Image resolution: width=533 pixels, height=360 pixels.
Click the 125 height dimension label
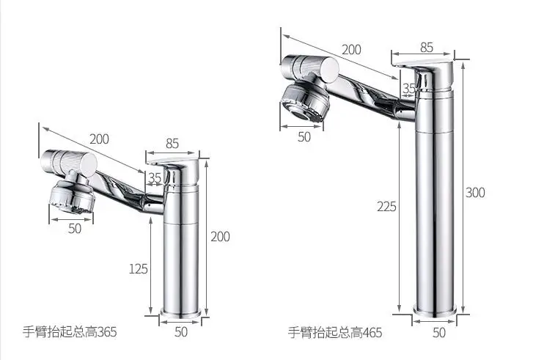tap(139, 269)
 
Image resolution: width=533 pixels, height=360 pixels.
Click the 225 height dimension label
tap(386, 206)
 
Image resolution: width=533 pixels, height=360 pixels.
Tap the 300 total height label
tap(475, 193)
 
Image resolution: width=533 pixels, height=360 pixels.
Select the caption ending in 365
tap(70, 331)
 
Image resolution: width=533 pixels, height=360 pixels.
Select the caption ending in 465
tap(335, 332)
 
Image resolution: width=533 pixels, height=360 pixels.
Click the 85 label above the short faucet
tap(172, 144)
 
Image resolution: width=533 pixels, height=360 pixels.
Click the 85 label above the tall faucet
tap(427, 47)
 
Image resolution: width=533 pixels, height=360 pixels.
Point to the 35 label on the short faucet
tap(155, 177)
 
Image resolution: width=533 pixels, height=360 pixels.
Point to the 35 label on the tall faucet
tap(408, 89)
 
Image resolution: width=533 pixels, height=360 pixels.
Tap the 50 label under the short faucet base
tap(181, 332)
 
